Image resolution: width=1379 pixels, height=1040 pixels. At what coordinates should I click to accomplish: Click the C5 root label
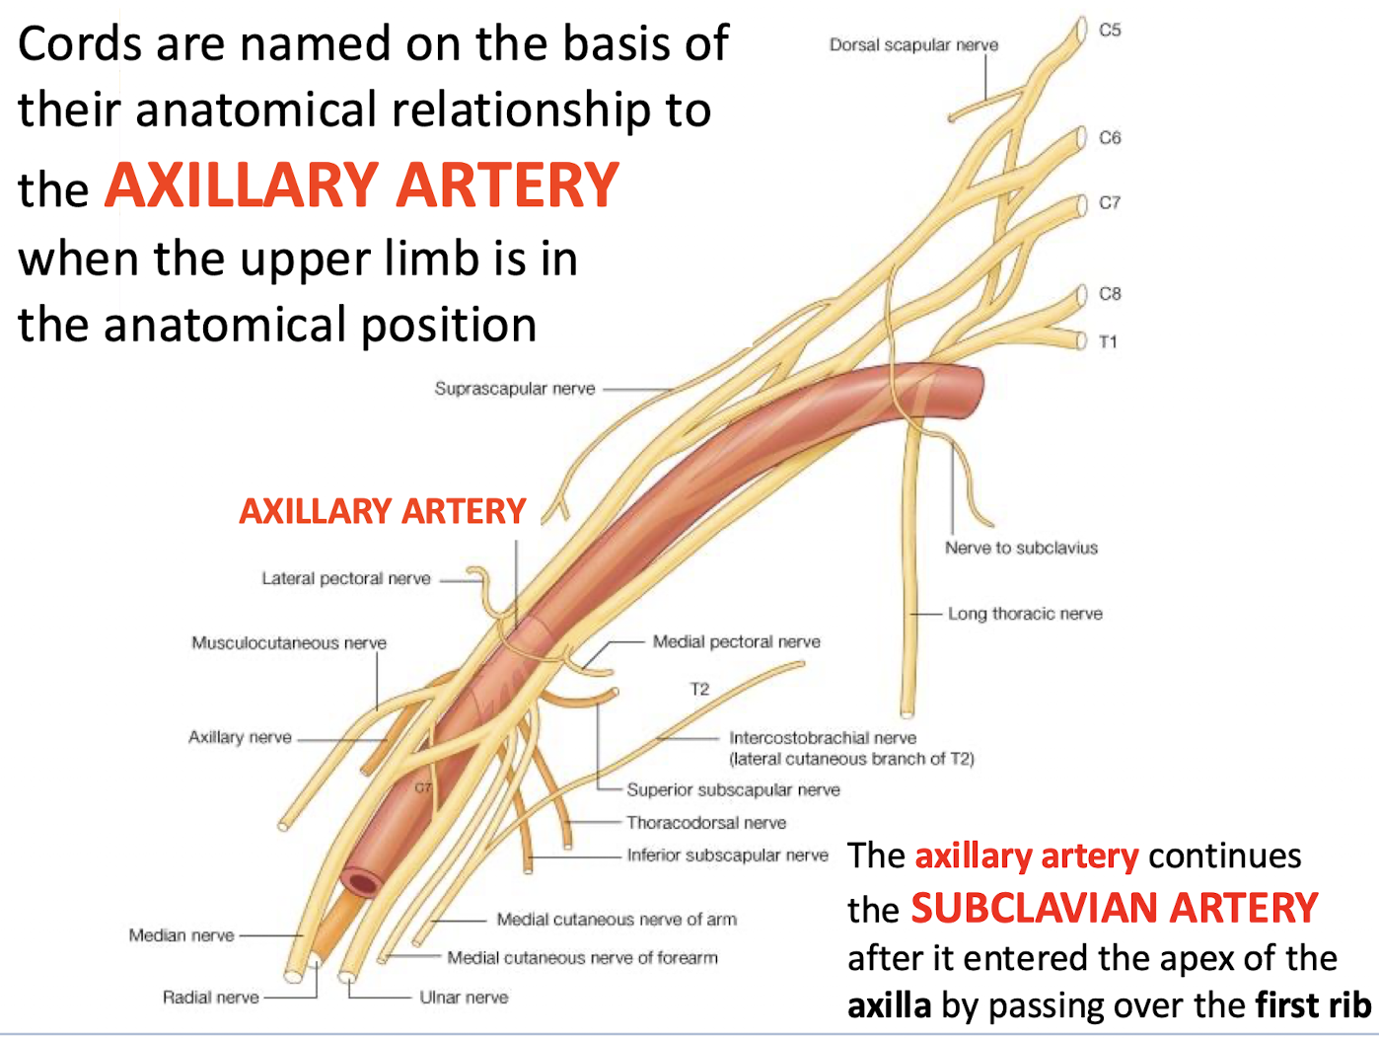1110,31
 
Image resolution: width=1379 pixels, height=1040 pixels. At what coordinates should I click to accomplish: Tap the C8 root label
1110,294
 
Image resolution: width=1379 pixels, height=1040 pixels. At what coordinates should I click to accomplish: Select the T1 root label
1108,342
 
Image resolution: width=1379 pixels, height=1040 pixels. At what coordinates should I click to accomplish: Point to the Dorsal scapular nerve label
913,45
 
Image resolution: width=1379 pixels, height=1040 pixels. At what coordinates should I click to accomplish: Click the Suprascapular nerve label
515,389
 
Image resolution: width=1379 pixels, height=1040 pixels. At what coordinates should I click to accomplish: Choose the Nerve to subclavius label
1021,548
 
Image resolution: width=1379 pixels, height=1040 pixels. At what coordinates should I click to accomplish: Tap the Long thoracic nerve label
1025,614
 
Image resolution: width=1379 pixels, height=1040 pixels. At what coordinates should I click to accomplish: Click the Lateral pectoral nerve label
346,578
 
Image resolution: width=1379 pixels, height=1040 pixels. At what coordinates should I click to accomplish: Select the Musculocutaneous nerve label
289,643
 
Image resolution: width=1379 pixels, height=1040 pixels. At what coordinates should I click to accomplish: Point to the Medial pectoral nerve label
736,641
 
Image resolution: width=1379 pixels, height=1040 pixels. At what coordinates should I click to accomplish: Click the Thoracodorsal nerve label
706,823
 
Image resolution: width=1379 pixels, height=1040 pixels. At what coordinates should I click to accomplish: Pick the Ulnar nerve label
464,998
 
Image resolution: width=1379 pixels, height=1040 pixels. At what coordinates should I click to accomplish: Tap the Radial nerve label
211,998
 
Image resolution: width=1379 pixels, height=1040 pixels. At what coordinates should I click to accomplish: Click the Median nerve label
181,935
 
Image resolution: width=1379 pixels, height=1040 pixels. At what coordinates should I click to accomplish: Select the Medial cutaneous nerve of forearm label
582,958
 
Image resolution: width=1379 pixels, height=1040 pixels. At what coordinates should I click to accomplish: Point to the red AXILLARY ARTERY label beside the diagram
383,511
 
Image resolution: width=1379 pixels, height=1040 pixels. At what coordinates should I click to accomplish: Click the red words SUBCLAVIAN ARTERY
1114,908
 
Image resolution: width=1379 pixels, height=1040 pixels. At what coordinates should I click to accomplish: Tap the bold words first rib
1313,1005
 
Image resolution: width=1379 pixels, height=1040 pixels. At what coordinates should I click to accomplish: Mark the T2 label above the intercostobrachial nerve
699,689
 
